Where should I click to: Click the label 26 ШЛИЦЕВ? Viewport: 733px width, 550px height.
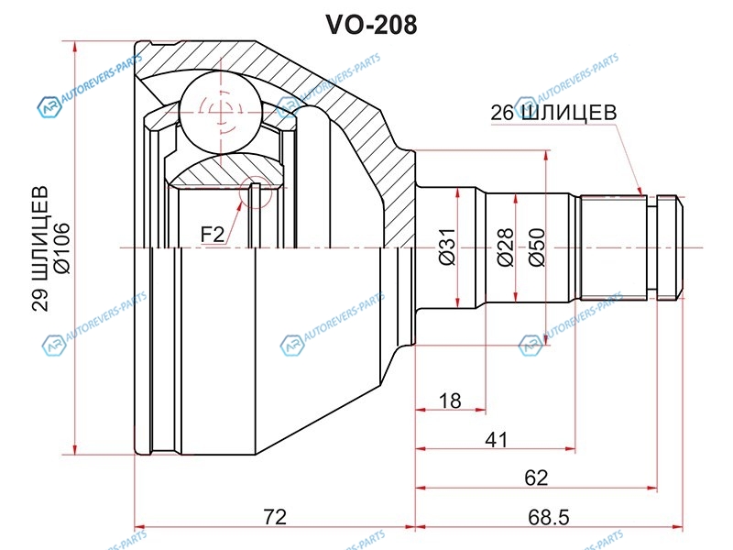coord(552,113)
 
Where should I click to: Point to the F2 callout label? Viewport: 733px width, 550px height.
coord(213,235)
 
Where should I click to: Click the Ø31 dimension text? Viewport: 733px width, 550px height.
coord(446,246)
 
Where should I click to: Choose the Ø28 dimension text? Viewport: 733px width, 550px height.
coord(505,246)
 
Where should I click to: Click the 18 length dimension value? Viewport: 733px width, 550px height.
coord(449,401)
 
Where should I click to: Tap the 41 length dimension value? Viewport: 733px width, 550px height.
coord(496,440)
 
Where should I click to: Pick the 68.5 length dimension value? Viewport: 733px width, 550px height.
coord(549,517)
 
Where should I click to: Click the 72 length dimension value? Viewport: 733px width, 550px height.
coord(275,517)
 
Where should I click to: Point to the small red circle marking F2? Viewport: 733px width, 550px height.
coord(254,194)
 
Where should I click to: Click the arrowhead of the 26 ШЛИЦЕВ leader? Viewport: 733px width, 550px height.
coord(645,193)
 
